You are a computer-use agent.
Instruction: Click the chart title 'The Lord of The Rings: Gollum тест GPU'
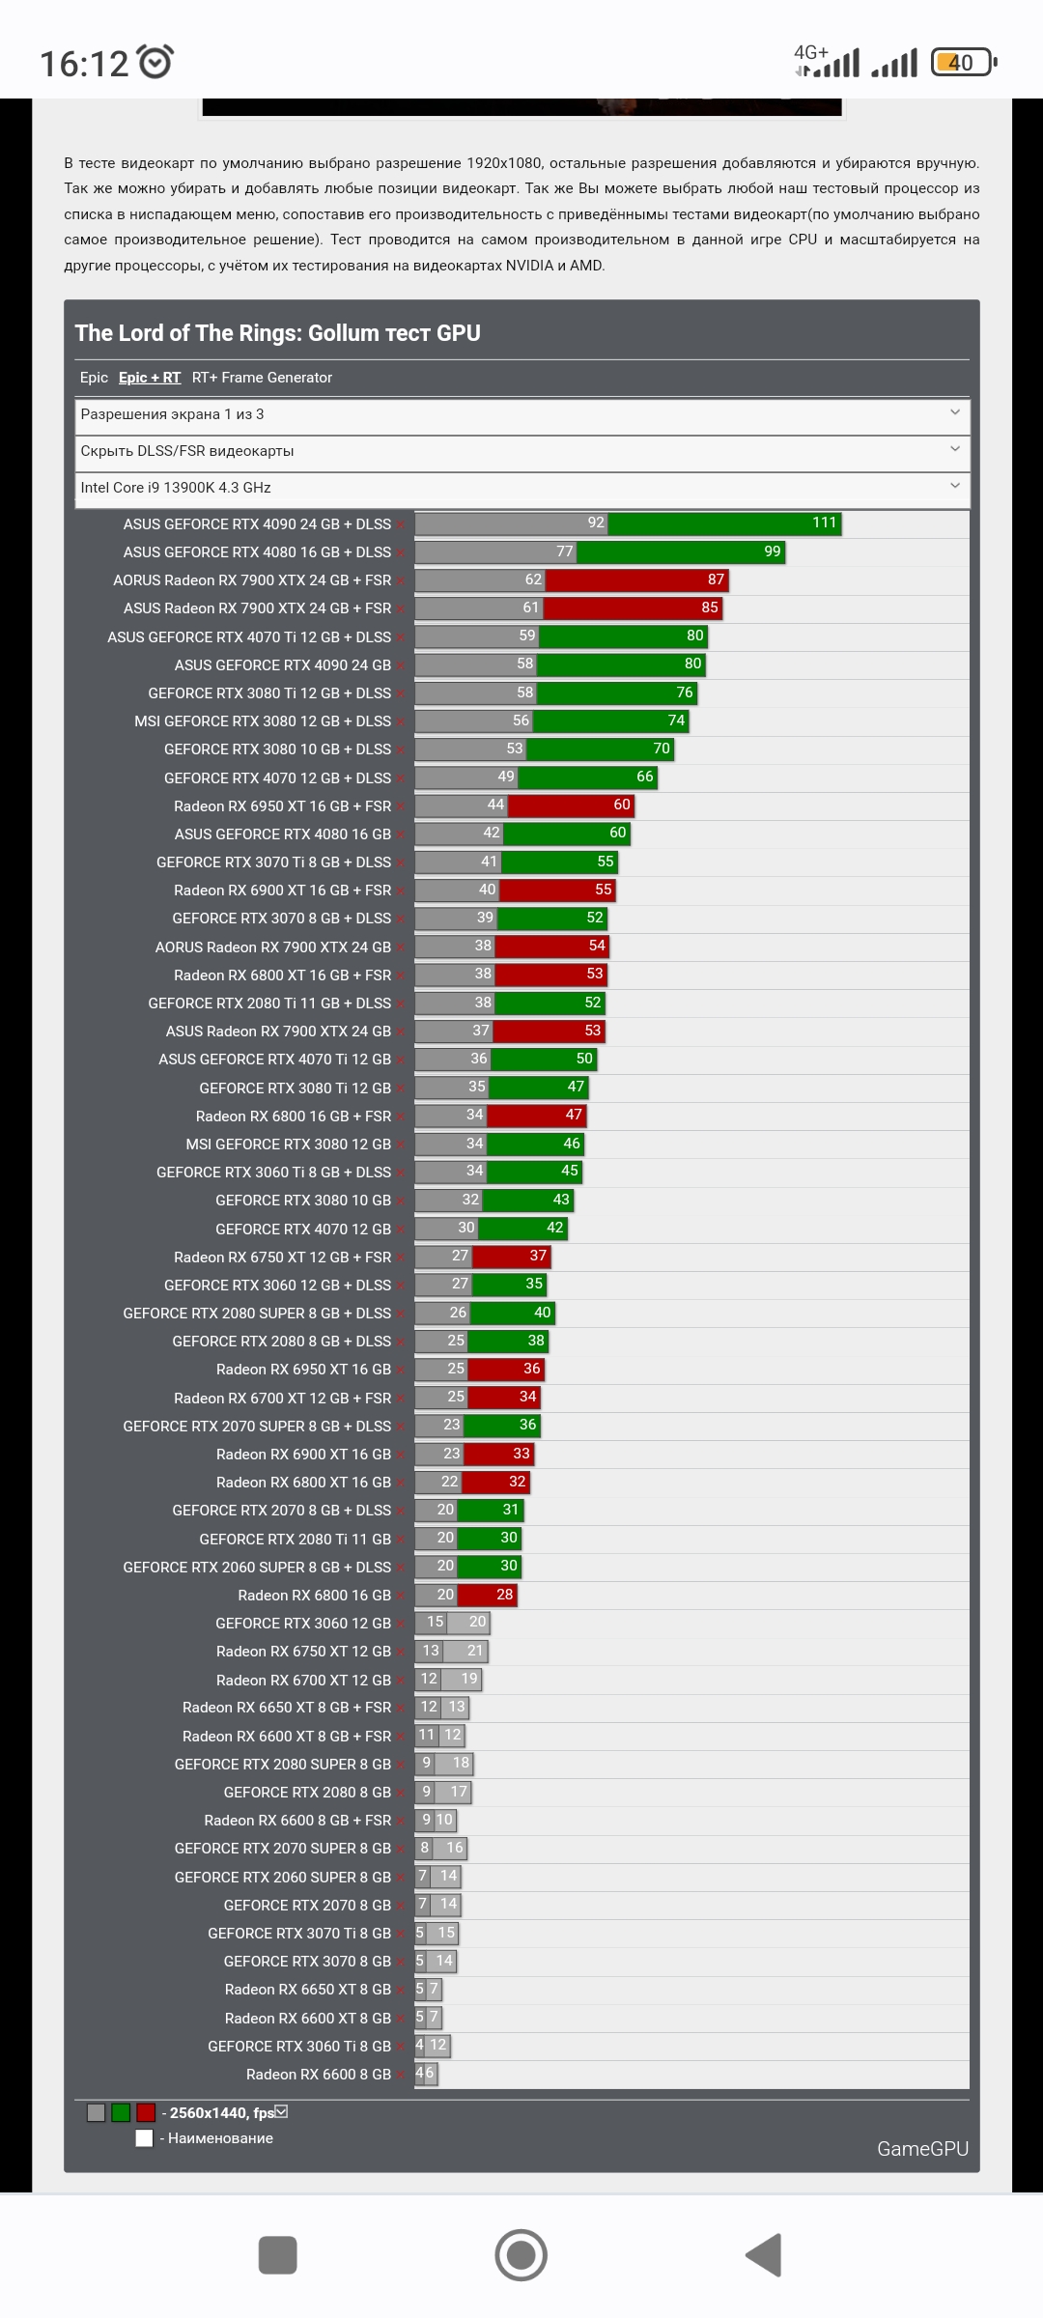(x=277, y=333)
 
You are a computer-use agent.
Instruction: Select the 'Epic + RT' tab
(x=150, y=378)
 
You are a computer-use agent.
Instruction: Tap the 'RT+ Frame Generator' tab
(x=262, y=378)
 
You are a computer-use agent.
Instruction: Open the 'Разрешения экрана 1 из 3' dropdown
(x=521, y=415)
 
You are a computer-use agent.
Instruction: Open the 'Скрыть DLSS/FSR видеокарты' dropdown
(x=521, y=451)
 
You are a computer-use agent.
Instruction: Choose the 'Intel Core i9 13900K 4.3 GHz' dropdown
(x=521, y=488)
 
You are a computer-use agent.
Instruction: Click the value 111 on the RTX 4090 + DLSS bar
(x=824, y=523)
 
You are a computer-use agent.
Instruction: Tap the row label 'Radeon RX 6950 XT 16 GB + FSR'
(x=282, y=806)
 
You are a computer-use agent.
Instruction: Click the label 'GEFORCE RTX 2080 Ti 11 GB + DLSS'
(x=269, y=1004)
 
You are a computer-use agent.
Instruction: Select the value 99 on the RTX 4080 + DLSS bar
(x=772, y=551)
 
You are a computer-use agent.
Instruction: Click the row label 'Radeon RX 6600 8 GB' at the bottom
(x=318, y=2075)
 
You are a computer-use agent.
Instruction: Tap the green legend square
(x=121, y=2112)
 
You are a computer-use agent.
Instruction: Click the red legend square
(x=146, y=2112)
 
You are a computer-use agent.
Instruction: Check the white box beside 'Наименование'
(x=144, y=2138)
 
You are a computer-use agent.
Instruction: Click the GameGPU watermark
(x=921, y=2148)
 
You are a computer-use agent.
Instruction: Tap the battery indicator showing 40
(x=962, y=63)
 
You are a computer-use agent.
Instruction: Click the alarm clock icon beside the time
(x=155, y=62)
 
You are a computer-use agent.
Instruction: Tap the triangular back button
(x=764, y=2255)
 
